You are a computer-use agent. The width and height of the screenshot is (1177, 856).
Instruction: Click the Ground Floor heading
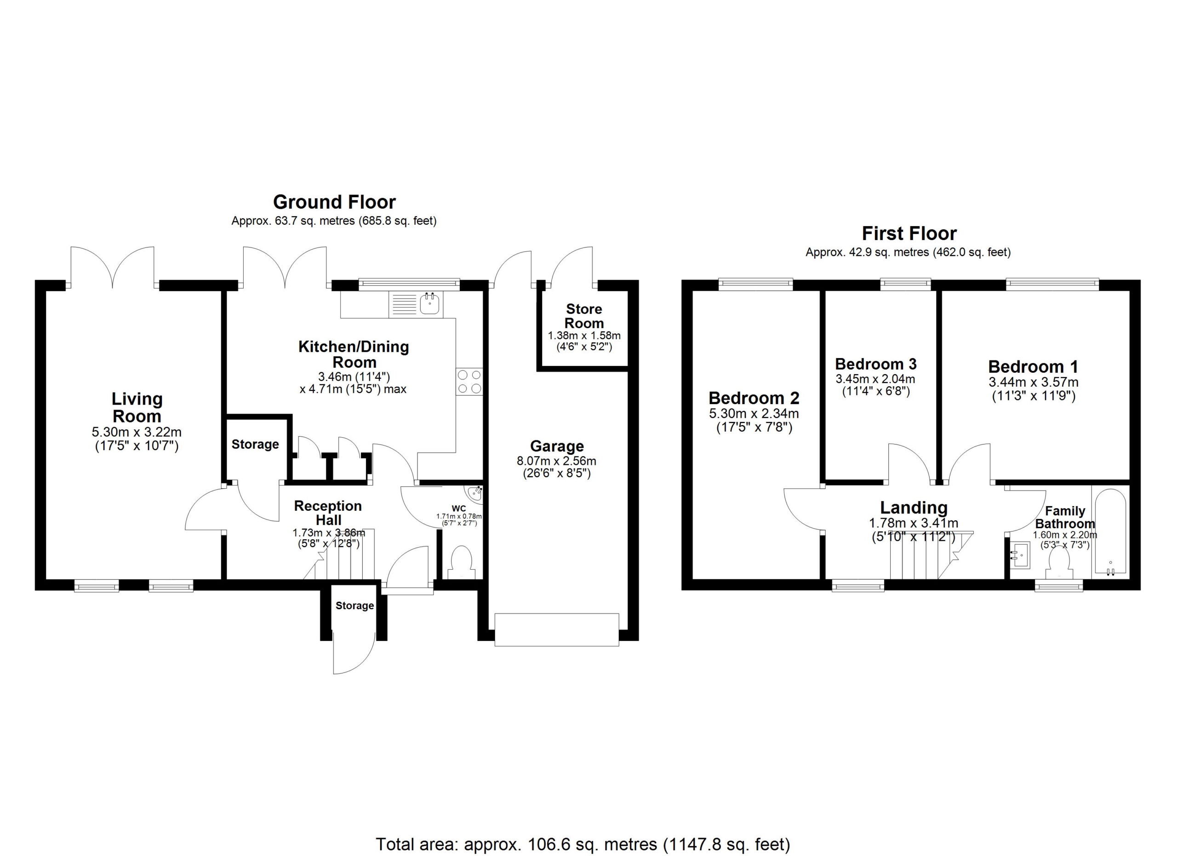point(334,202)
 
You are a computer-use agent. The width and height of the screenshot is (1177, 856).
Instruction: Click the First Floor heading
point(909,234)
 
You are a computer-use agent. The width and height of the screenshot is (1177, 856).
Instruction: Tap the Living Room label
point(137,407)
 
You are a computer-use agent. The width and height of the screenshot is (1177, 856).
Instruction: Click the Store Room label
point(584,316)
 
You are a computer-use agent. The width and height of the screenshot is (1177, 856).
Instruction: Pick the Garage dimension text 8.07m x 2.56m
point(556,461)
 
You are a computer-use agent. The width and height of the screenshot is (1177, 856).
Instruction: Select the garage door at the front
point(556,630)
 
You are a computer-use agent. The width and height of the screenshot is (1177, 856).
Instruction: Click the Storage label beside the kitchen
point(255,445)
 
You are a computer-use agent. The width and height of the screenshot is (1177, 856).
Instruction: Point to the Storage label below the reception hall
point(354,605)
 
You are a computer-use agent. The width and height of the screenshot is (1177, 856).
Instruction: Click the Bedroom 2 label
point(754,398)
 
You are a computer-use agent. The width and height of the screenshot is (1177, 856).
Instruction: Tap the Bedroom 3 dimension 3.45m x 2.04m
point(875,379)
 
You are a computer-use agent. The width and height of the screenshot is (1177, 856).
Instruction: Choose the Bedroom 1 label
point(1033,367)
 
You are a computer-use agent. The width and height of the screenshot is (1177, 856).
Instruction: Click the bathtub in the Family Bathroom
point(1110,532)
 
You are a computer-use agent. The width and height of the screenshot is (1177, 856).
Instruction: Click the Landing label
point(914,508)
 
